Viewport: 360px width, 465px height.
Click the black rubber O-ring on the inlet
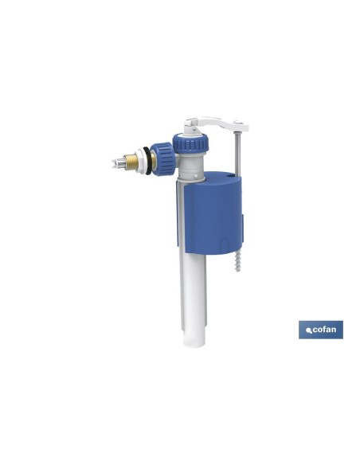[x=149, y=160]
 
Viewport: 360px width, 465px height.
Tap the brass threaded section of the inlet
[x=130, y=162]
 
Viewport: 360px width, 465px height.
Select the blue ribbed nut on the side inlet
[x=162, y=159]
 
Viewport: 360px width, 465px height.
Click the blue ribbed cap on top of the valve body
[x=191, y=143]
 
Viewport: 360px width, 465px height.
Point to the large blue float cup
[x=213, y=213]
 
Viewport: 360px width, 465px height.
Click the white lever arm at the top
[x=216, y=124]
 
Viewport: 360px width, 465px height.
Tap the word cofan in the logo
[x=324, y=329]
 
